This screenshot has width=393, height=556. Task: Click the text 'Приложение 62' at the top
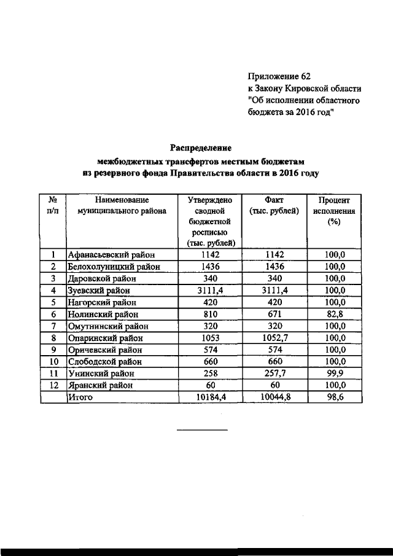coord(279,77)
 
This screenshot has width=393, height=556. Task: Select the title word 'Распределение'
coord(201,148)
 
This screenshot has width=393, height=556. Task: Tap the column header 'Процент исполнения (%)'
coord(334,211)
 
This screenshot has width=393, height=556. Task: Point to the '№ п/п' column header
coord(53,205)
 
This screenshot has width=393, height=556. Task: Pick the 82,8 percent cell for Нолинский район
coord(335,314)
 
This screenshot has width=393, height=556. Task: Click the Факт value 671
coord(274,314)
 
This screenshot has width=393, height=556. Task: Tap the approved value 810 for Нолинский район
coord(211,314)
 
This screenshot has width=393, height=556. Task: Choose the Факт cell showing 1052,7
coord(274,338)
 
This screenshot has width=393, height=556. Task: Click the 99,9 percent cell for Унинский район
coord(335,374)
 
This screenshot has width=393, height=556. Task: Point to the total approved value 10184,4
coord(211,397)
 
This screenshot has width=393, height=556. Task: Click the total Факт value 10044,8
coord(274,397)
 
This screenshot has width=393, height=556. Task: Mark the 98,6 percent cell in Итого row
coord(335,397)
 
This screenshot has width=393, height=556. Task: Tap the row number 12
coord(53,385)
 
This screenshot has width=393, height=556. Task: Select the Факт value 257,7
coord(274,374)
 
